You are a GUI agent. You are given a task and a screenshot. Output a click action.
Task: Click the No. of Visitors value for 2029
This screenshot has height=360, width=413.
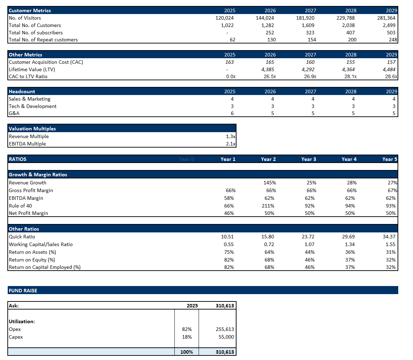(386, 18)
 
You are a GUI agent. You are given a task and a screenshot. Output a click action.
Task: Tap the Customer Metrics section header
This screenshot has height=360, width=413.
(30, 11)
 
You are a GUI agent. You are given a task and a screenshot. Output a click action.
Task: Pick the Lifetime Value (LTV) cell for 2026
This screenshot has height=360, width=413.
(268, 69)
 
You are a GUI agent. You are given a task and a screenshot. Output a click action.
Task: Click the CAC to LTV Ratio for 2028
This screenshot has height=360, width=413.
(350, 76)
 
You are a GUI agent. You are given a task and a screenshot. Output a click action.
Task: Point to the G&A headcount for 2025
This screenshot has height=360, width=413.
(232, 113)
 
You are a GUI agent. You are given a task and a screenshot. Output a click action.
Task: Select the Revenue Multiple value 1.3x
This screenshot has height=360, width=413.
(231, 136)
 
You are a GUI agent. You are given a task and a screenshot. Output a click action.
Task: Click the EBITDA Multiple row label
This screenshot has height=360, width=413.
(27, 144)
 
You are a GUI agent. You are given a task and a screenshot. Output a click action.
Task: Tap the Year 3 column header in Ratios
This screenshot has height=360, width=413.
(308, 159)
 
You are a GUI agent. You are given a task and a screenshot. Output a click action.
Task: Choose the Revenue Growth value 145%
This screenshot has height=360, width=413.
(269, 183)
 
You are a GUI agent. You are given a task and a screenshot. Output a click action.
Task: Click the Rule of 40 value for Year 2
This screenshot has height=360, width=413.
(268, 206)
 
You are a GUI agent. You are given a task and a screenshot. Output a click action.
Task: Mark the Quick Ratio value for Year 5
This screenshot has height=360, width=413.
(389, 237)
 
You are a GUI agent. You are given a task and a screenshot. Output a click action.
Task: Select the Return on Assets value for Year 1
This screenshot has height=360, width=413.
(229, 252)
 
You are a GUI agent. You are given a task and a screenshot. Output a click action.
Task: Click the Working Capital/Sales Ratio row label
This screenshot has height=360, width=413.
(41, 244)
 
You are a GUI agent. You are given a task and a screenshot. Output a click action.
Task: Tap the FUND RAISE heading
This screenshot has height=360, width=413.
(23, 291)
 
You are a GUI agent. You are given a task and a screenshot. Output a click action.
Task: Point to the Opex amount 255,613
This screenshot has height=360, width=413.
(225, 329)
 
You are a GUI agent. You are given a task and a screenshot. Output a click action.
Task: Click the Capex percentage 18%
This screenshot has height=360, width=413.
(187, 337)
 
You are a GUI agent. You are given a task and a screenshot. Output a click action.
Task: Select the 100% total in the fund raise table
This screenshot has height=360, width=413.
(186, 352)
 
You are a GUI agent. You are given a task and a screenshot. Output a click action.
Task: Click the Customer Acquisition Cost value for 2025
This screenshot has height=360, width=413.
(229, 62)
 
